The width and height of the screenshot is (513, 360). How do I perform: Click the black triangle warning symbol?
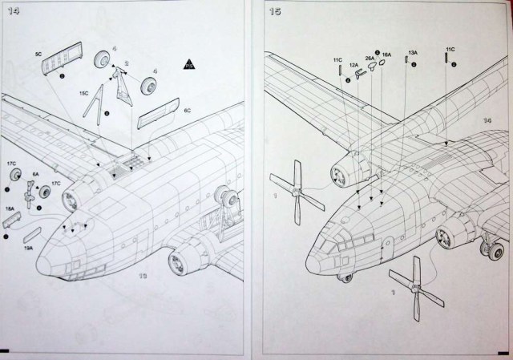pos(189,63)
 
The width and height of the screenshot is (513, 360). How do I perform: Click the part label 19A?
pos(29,249)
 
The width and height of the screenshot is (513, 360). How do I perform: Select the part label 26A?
pos(370,58)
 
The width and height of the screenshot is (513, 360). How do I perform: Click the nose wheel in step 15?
pos(345,279)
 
